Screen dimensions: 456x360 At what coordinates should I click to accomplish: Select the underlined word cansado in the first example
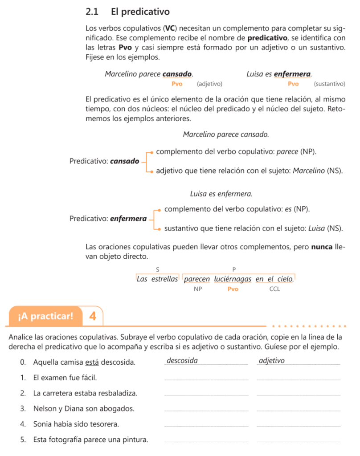(177, 74)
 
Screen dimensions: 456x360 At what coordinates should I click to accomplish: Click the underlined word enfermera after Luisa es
(292, 74)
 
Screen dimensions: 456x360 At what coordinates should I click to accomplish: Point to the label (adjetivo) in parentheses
(209, 83)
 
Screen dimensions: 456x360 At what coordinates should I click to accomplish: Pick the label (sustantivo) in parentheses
(329, 83)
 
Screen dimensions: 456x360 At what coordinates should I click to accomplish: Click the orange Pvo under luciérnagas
(233, 289)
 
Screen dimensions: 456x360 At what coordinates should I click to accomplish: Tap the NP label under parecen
(198, 289)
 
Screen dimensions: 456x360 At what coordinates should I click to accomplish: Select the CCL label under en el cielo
(275, 289)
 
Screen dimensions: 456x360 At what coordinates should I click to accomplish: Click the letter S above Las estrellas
(157, 269)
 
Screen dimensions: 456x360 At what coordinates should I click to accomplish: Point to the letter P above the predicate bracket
(234, 269)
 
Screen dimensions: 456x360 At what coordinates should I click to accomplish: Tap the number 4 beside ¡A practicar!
(93, 317)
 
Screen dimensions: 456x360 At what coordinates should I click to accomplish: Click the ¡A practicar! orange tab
(45, 317)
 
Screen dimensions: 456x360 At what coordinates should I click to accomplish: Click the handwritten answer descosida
(182, 360)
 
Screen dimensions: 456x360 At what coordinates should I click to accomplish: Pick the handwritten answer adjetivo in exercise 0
(271, 360)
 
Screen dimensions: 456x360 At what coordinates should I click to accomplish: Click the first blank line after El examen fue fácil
(206, 379)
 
